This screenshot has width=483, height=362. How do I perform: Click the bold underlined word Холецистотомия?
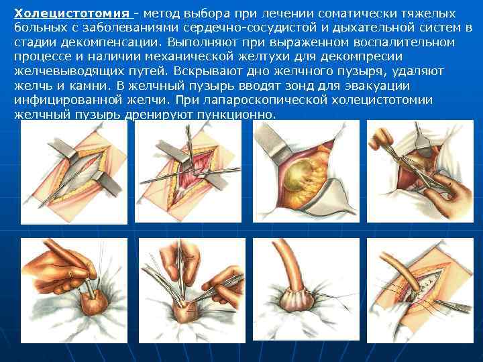coord(72,13)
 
